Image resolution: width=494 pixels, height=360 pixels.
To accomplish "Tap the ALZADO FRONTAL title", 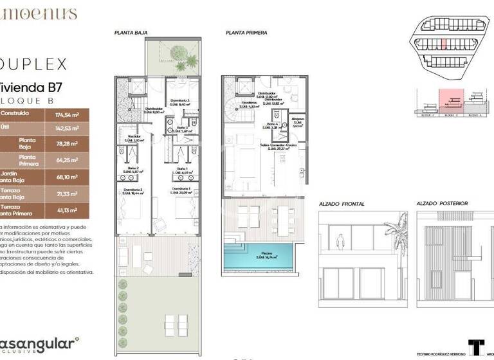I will tap(342, 204).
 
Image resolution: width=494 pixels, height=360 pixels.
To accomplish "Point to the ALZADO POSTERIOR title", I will tap(442, 204).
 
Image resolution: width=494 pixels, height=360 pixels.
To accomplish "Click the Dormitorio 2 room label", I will tap(134, 190).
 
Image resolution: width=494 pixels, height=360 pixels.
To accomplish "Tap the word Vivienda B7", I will tap(26, 86).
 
